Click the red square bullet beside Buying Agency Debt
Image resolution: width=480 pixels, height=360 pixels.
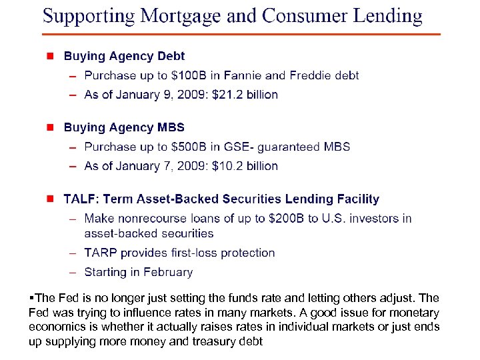coord(49,57)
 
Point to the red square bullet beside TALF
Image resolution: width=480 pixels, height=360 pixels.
coord(49,199)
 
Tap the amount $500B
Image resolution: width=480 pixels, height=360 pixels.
coord(191,147)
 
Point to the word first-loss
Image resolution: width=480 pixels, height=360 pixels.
coord(201,253)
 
